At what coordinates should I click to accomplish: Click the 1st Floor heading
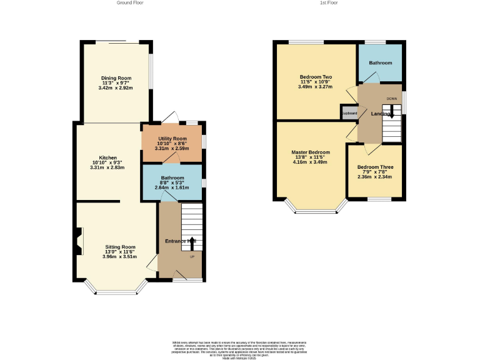click(x=329, y=3)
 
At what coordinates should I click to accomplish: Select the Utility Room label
click(x=171, y=138)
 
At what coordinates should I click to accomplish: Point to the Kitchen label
click(x=107, y=157)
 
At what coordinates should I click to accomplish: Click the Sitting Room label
click(x=119, y=247)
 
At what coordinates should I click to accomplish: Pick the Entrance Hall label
click(x=181, y=241)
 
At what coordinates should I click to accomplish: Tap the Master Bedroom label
click(x=310, y=152)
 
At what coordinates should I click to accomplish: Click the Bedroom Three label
click(x=375, y=167)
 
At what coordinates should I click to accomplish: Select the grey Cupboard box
click(x=349, y=113)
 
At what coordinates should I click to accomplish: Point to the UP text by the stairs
click(x=192, y=256)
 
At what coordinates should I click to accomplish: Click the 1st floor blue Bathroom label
click(x=380, y=63)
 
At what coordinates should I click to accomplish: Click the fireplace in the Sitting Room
click(x=78, y=241)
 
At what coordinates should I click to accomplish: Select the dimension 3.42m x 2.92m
click(x=116, y=88)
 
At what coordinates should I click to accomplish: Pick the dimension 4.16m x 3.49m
click(x=310, y=162)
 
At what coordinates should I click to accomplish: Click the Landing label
click(x=381, y=114)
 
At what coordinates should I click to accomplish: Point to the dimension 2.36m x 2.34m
click(x=375, y=176)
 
